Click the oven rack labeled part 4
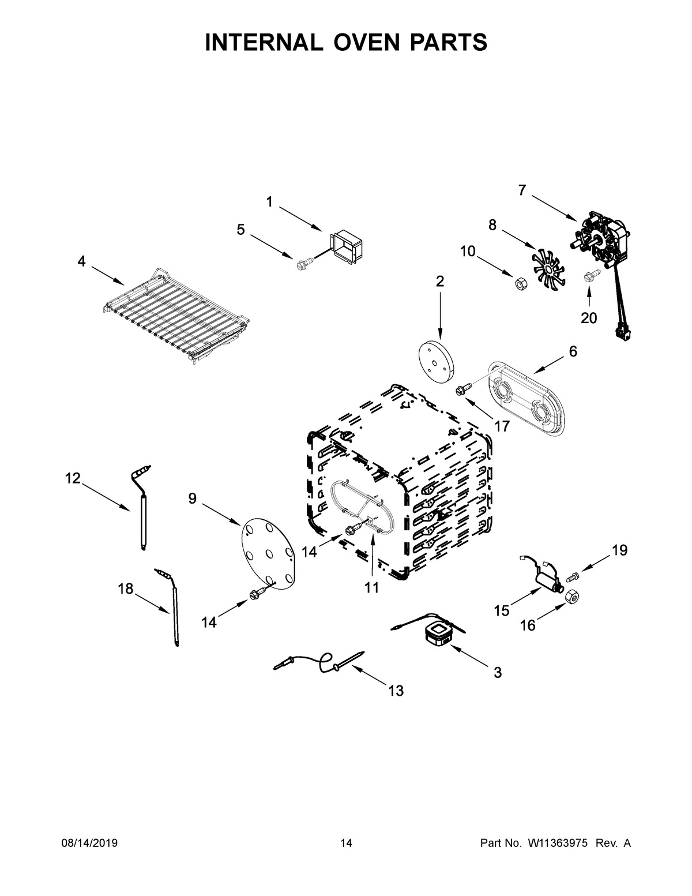click(x=176, y=314)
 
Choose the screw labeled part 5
click(x=302, y=265)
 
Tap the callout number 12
click(x=72, y=478)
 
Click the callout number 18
click(x=125, y=588)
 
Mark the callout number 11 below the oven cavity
click(x=371, y=587)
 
